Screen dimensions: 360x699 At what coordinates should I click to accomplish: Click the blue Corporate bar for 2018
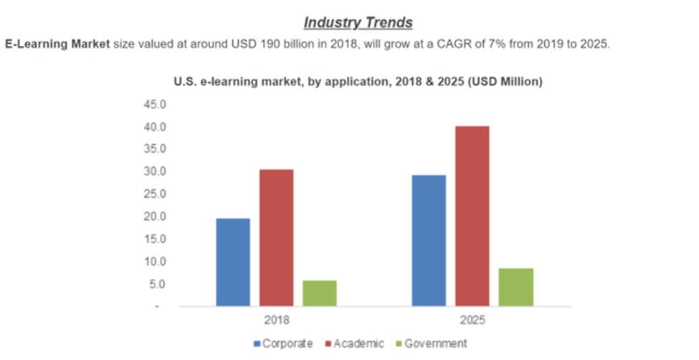[x=233, y=262]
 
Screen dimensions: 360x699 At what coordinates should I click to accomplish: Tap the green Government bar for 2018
[x=319, y=293]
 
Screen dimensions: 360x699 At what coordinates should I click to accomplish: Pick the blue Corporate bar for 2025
[x=428, y=240]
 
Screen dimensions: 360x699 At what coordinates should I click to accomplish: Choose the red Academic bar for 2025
[x=472, y=216]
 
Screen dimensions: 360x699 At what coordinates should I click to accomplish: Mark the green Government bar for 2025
[x=515, y=287]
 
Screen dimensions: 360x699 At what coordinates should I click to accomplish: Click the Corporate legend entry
[x=285, y=344]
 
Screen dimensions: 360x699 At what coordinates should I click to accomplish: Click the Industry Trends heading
[x=358, y=22]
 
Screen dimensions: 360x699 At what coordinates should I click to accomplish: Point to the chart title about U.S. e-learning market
[x=358, y=82]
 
